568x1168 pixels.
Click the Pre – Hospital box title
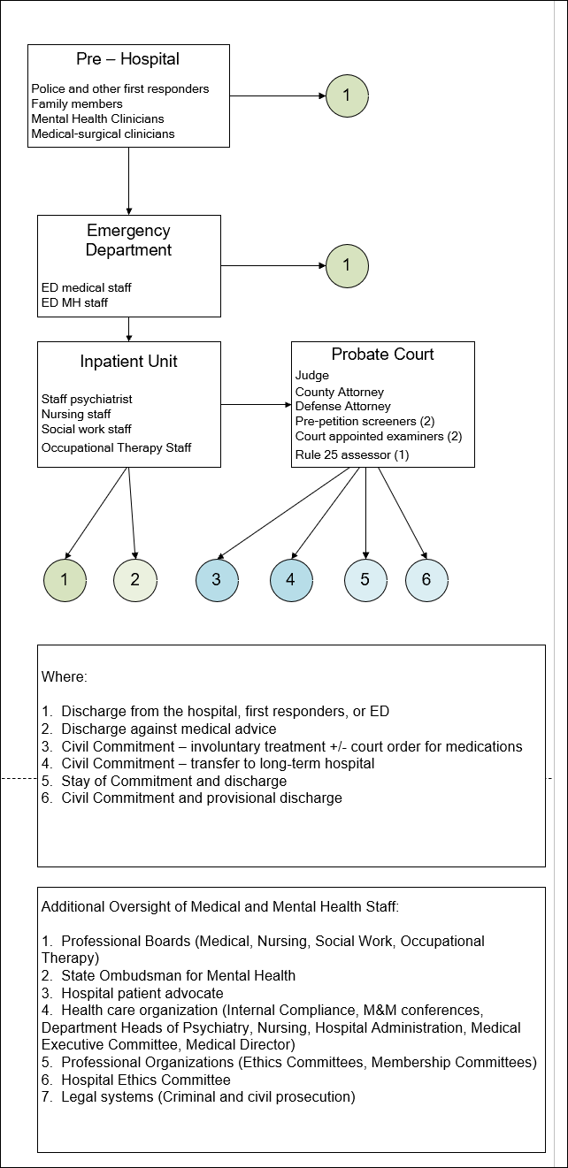point(127,60)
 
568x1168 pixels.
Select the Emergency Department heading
point(128,240)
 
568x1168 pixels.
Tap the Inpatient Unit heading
point(128,362)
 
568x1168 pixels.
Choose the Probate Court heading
point(382,355)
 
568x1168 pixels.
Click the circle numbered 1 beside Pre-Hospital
point(347,94)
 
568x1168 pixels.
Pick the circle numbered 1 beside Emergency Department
point(347,264)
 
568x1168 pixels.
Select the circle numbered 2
point(134,580)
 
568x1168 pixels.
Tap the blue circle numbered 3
point(217,580)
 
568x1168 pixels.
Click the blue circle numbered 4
point(291,580)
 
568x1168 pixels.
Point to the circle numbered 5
point(365,580)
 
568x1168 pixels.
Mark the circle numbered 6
point(426,580)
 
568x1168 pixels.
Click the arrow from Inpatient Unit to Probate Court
point(256,405)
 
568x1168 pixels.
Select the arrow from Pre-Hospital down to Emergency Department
point(129,180)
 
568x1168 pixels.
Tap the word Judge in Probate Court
point(311,376)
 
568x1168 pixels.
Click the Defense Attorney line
point(342,406)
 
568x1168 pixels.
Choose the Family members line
point(77,103)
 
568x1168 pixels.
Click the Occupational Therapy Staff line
point(116,447)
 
